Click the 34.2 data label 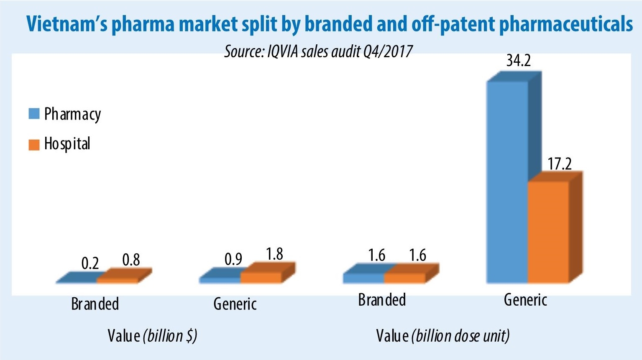click(x=518, y=61)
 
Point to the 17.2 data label click(x=560, y=163)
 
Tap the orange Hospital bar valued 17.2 click(x=548, y=232)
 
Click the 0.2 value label click(x=90, y=263)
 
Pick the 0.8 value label click(x=131, y=260)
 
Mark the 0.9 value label click(x=233, y=259)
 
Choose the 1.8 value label click(x=274, y=254)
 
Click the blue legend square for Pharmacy click(x=34, y=114)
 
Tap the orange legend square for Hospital click(x=34, y=144)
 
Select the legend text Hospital click(x=67, y=144)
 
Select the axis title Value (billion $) click(x=152, y=336)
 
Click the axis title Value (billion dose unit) click(x=442, y=336)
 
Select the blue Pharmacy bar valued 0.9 click(x=220, y=280)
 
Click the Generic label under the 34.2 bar click(x=525, y=300)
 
